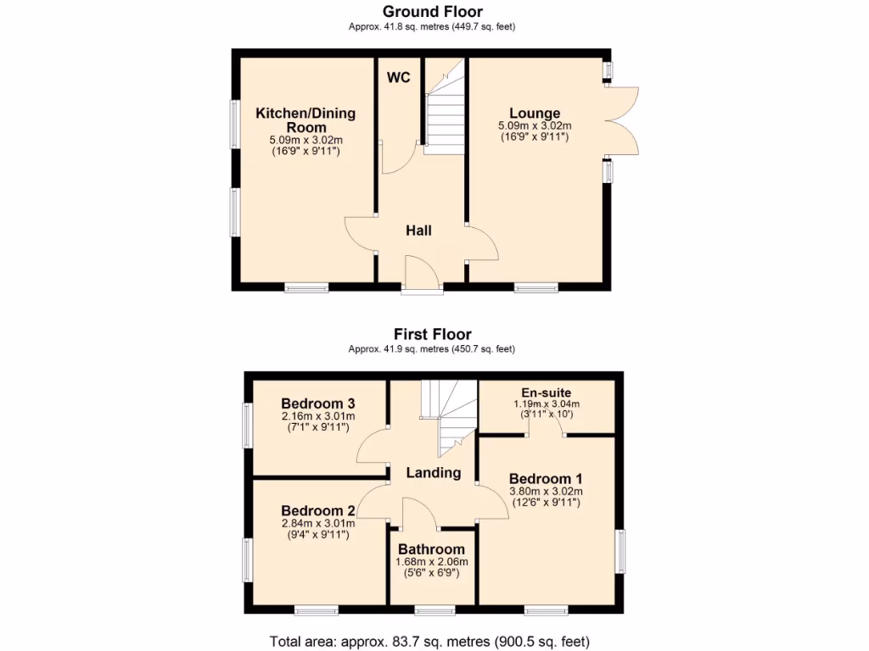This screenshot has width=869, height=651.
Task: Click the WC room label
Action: tap(399, 78)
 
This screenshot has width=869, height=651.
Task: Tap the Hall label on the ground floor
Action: tap(418, 230)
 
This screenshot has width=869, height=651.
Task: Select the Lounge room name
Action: tap(535, 113)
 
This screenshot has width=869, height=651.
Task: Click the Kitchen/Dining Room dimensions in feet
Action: tap(306, 151)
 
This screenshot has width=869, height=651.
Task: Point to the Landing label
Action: tap(433, 473)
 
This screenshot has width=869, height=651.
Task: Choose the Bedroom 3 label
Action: tap(318, 403)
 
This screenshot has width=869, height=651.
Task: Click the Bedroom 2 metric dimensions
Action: tap(318, 523)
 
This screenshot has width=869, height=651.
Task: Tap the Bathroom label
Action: tap(432, 548)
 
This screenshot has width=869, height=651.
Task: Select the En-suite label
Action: tap(546, 392)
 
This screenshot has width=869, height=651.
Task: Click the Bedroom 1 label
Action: tap(545, 479)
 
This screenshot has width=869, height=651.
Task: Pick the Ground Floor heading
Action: tap(433, 12)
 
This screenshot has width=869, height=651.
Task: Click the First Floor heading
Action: tap(433, 334)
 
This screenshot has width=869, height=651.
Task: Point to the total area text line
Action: tap(429, 641)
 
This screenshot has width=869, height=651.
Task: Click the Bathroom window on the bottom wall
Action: tap(434, 609)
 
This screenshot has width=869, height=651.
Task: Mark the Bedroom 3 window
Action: tap(248, 425)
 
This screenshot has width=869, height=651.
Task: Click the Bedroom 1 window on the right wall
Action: tap(620, 552)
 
